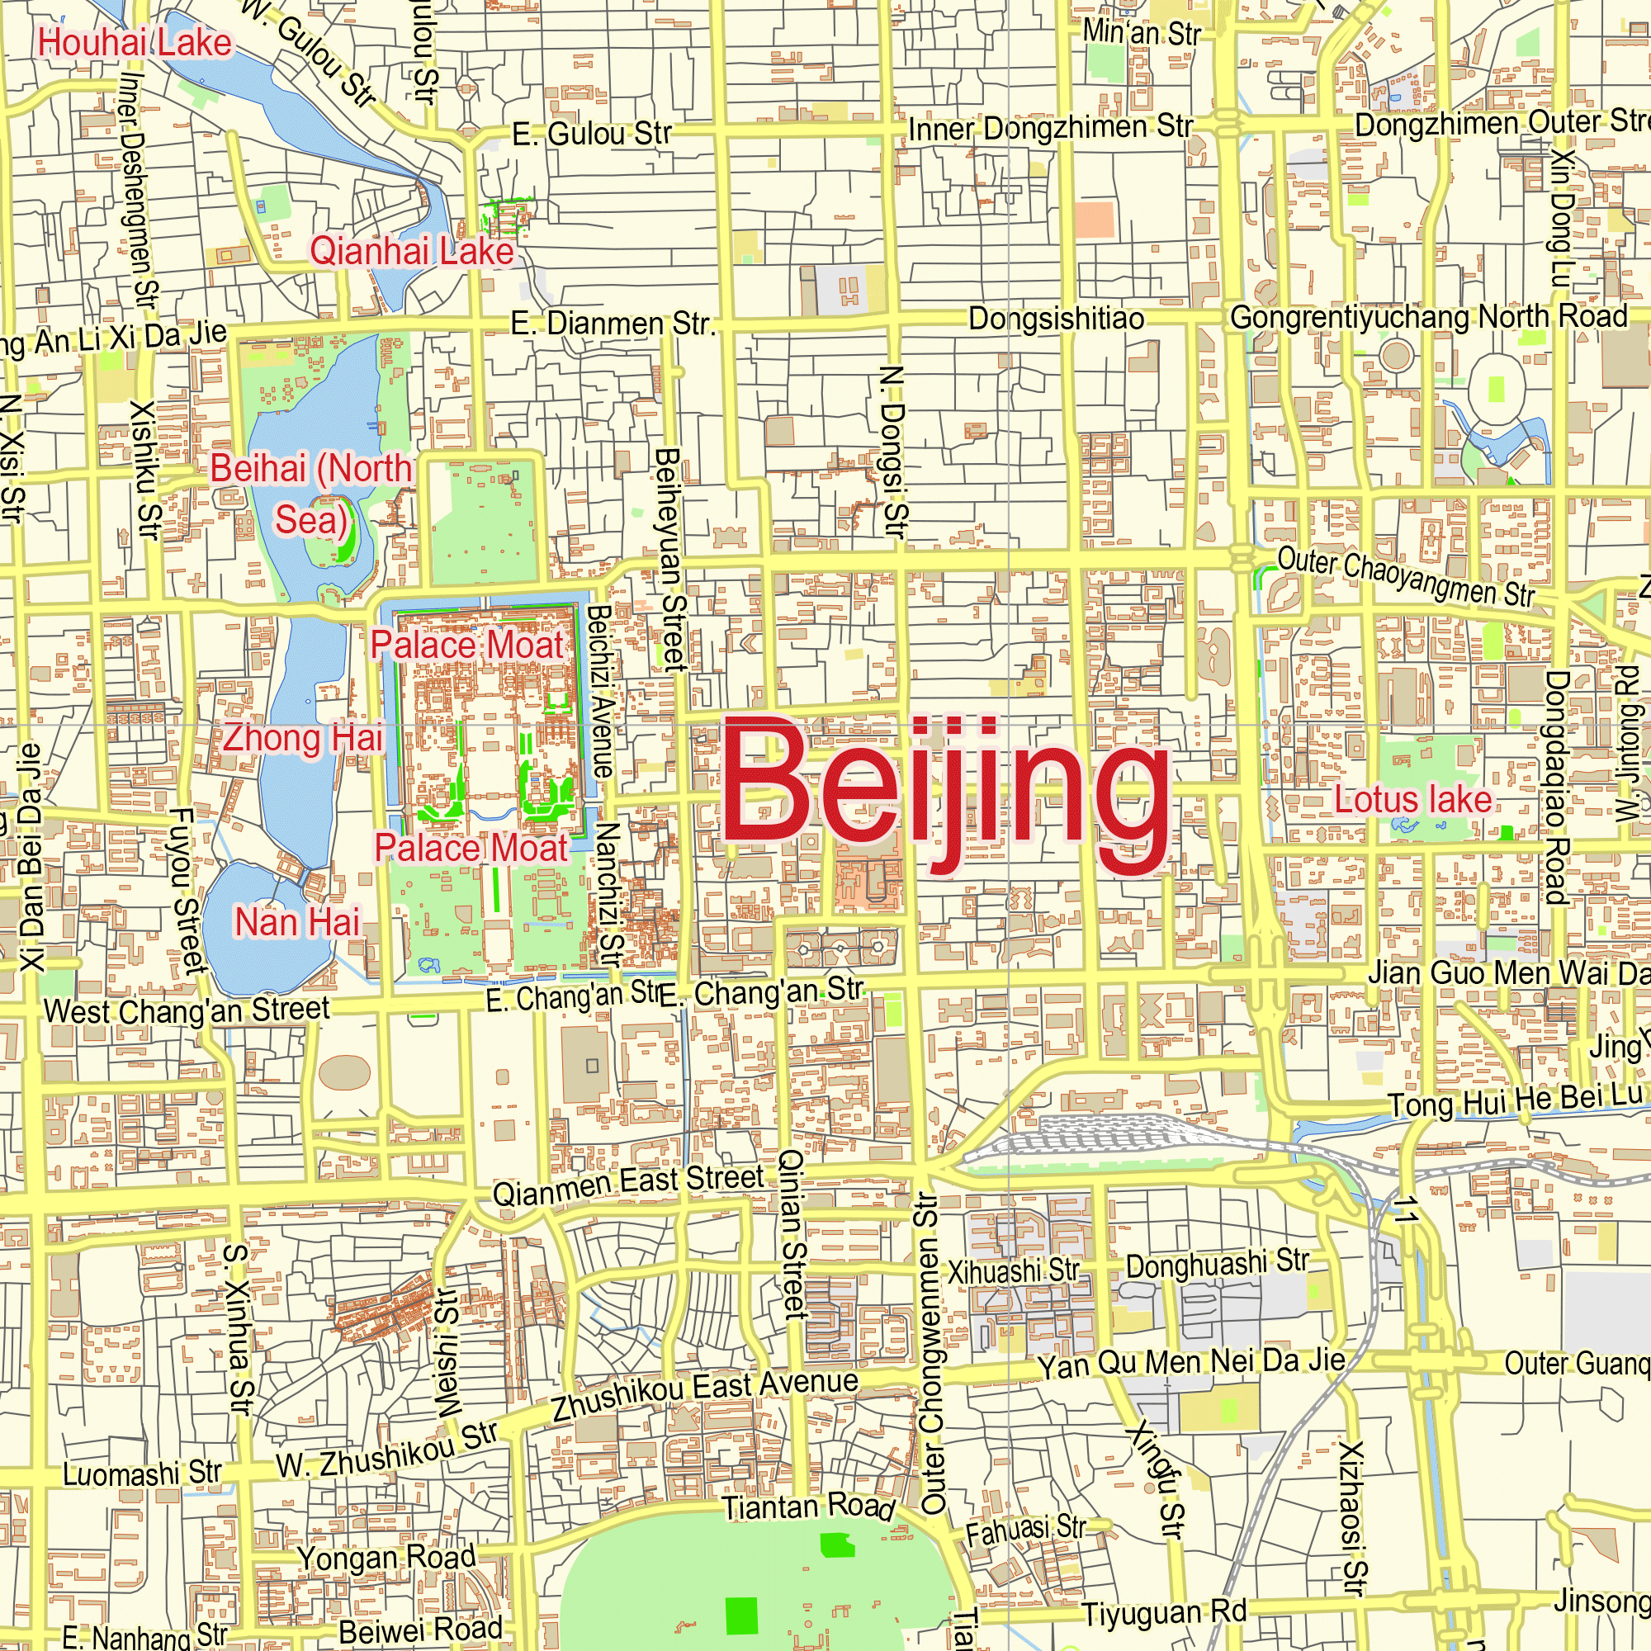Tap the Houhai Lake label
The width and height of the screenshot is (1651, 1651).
[x=135, y=43]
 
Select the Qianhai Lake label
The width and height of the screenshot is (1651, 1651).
[x=412, y=251]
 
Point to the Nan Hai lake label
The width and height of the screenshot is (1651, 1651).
[x=297, y=922]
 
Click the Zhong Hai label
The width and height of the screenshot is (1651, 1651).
[x=302, y=738]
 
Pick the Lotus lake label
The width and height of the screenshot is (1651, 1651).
[x=1413, y=800]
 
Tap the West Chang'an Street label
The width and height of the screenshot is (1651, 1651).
[x=187, y=1010]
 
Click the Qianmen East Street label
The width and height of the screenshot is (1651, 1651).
[x=628, y=1185]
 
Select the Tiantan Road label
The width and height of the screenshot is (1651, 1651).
[x=808, y=1507]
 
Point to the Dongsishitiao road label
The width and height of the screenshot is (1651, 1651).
[x=1057, y=319]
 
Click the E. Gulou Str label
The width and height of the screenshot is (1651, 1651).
[x=591, y=133]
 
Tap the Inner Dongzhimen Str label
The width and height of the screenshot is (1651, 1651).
[x=1050, y=128]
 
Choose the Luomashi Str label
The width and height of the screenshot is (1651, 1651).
[x=142, y=1474]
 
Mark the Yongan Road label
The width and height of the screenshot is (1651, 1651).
[x=386, y=1558]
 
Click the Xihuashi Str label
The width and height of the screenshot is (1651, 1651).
[x=1014, y=1271]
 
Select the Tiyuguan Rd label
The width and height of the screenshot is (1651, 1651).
[x=1164, y=1612]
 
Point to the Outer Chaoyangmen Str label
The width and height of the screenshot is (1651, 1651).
[x=1406, y=577]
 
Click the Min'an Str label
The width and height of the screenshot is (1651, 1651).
[x=1142, y=33]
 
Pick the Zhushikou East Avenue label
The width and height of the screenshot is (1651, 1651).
[x=705, y=1393]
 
